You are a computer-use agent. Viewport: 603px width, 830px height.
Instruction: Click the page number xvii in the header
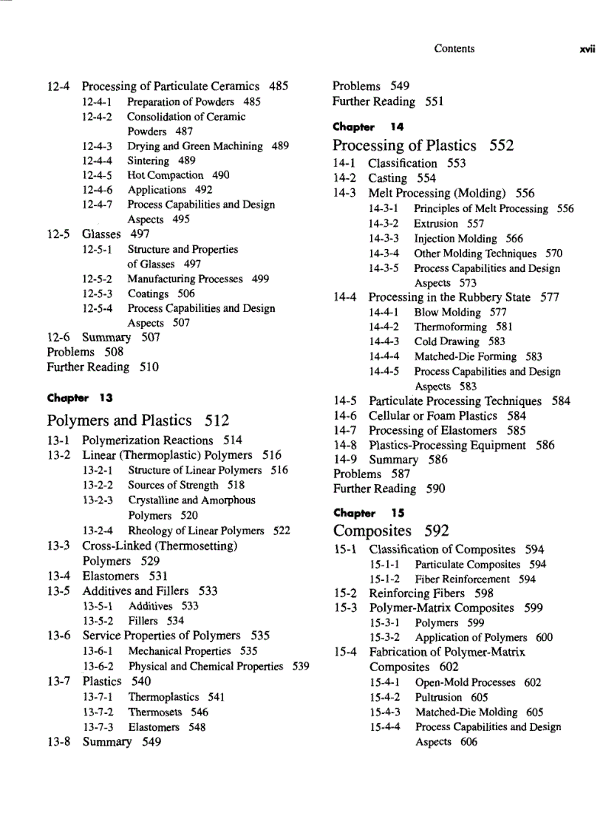587,50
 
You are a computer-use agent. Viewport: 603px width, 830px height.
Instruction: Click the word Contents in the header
454,49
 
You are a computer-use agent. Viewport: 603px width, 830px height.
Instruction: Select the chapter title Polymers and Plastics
121,421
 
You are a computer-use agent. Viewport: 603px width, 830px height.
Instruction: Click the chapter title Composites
372,531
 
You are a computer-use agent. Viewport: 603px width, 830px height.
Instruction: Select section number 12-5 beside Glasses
58,234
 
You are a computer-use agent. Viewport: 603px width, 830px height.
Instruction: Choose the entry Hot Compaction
165,175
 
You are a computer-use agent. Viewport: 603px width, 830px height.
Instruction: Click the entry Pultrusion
438,697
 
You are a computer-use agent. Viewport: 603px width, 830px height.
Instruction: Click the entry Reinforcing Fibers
417,593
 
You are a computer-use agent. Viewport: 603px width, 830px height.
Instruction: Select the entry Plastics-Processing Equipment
447,445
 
